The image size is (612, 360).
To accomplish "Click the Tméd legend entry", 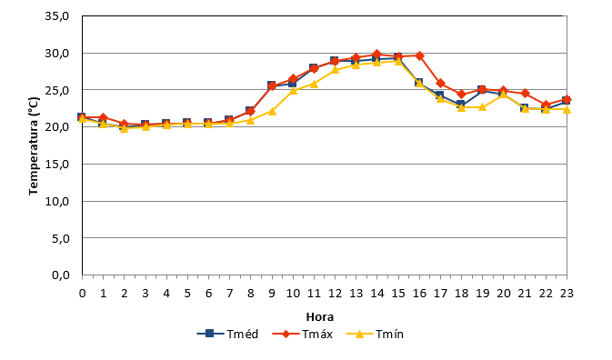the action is coord(227,334).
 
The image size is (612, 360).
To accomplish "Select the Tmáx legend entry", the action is coord(303,334).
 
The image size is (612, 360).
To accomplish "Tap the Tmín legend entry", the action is coord(375,334).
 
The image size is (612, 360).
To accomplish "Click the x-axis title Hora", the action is coord(320,316).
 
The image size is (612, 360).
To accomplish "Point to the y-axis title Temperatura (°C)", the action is coord(34,145).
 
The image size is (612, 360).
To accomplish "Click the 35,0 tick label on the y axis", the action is coord(57,16).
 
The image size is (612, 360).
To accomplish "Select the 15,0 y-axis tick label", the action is coord(57,164).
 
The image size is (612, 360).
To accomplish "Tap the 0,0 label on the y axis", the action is coord(61,275).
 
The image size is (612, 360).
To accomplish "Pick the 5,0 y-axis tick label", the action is coord(61,238).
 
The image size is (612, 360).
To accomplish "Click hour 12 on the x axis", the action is coord(335,294).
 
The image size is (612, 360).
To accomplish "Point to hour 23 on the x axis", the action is coord(567,294).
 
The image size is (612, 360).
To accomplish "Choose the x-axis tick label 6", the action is coord(208,294).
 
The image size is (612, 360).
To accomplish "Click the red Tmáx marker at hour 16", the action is coord(419,55).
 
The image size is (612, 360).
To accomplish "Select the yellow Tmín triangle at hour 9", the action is coord(272,112).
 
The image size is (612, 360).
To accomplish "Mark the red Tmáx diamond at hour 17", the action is coord(441,84).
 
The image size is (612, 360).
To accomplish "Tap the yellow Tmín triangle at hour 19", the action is coord(483,107).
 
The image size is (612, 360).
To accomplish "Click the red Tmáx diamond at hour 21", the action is coord(525,94).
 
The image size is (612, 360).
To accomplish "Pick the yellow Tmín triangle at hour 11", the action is coord(315,84).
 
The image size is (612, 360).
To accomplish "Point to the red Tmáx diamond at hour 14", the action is coord(377,55).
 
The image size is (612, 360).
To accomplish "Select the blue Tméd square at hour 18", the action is coord(461,105).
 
